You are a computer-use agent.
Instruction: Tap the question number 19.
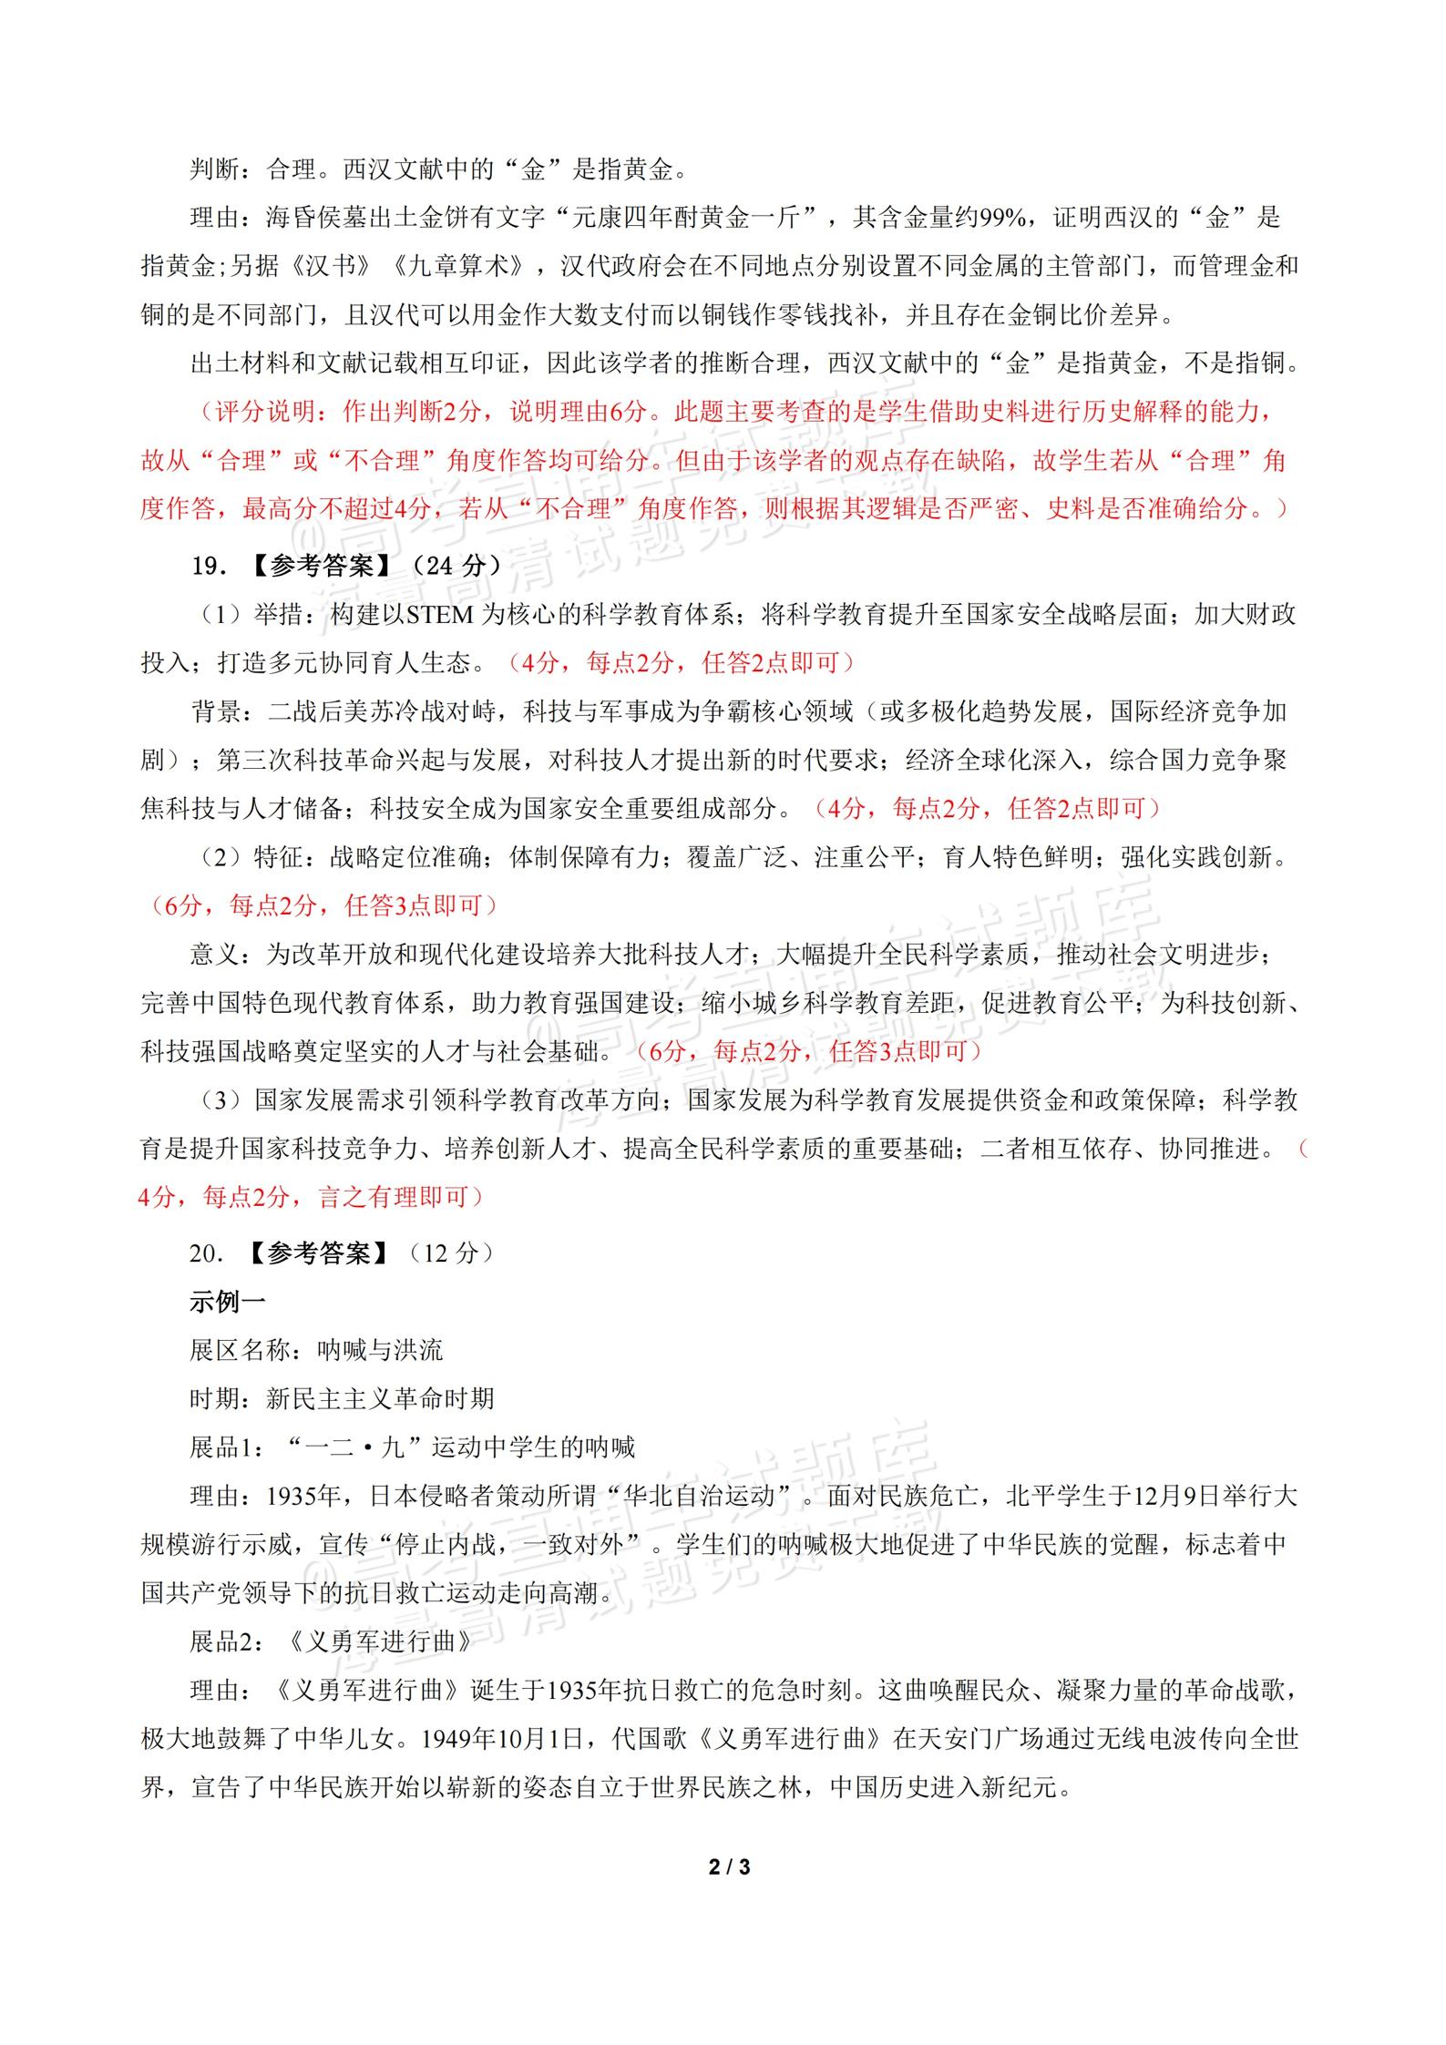pyautogui.click(x=208, y=566)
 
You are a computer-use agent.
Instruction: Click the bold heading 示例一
pyautogui.click(x=227, y=1302)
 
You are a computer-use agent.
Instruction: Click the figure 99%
pyautogui.click(x=1000, y=218)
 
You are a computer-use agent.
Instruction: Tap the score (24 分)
pyautogui.click(x=451, y=566)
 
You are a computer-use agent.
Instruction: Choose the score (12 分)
pyautogui.click(x=451, y=1253)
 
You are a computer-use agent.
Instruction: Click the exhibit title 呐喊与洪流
pyautogui.click(x=380, y=1350)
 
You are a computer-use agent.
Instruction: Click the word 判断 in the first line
pyautogui.click(x=215, y=169)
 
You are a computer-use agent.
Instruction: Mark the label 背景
pyautogui.click(x=215, y=711)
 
